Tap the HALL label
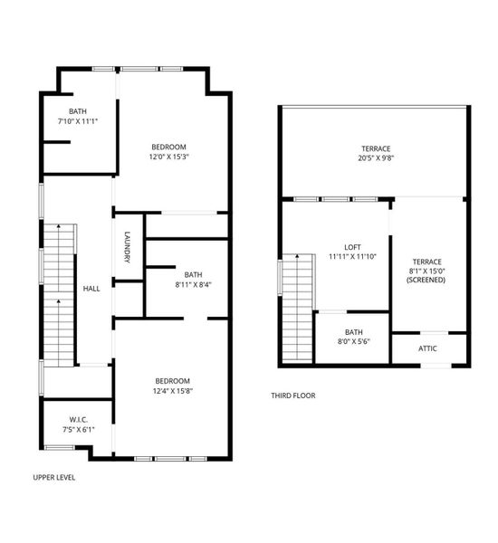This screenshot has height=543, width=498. click(x=91, y=289)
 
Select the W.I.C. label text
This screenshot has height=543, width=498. click(x=78, y=419)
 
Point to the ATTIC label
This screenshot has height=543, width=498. click(x=428, y=348)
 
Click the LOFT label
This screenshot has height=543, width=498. click(x=353, y=247)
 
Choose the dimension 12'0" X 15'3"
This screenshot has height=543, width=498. click(x=169, y=157)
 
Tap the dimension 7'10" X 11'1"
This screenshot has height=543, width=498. click(x=78, y=120)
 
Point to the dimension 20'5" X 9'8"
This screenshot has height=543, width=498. click(x=376, y=159)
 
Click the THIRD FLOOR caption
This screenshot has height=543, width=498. click(x=293, y=395)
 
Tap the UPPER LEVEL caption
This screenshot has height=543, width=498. click(x=54, y=477)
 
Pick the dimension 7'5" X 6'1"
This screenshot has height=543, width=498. click(x=78, y=430)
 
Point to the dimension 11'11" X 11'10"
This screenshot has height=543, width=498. click(x=353, y=257)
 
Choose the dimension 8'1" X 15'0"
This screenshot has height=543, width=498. click(x=426, y=271)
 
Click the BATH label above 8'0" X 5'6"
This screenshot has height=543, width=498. click(x=353, y=332)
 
